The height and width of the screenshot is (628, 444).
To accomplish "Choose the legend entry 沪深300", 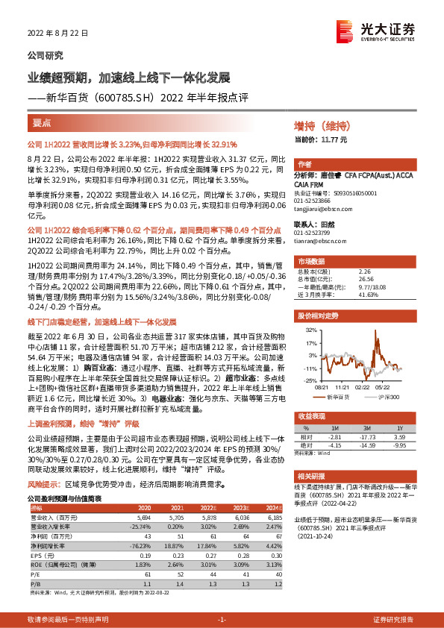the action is [x=389, y=397].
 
